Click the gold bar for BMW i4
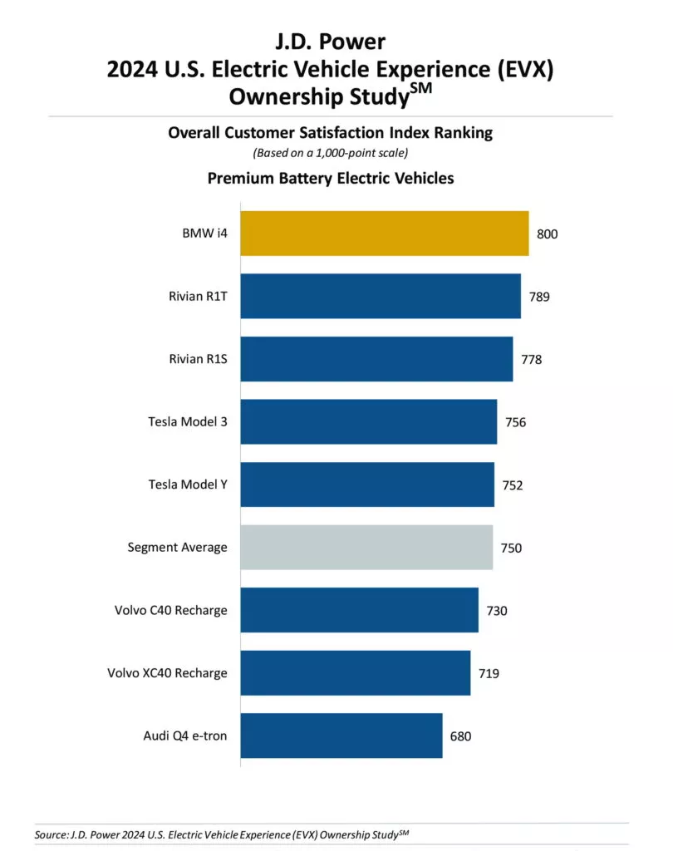click(x=385, y=234)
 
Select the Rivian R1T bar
click(x=381, y=296)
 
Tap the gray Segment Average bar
click(x=366, y=548)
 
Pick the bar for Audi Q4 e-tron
click(x=341, y=735)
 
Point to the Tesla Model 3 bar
click(x=369, y=421)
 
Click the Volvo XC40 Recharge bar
click(x=356, y=673)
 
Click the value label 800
click(x=547, y=234)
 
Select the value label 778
click(x=531, y=359)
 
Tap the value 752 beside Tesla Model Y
click(x=512, y=485)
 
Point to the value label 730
click(x=496, y=611)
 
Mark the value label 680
click(x=460, y=736)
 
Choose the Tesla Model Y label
click(x=188, y=485)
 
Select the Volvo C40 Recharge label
click(x=171, y=611)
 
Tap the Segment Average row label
click(x=177, y=548)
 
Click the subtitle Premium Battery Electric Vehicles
click(x=330, y=178)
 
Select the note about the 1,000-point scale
click(x=330, y=152)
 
